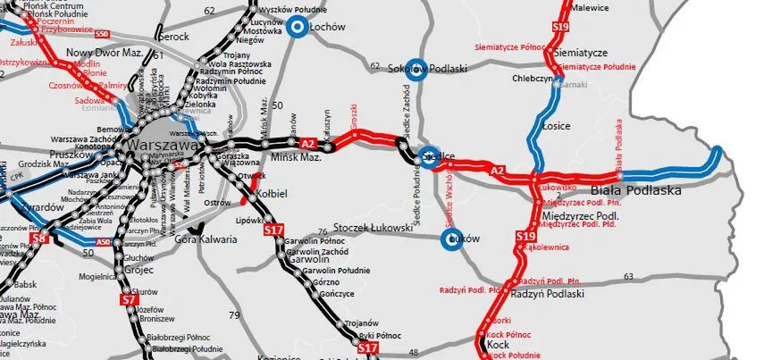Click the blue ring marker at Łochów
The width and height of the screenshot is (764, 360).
297,27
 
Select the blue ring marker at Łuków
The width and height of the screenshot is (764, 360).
454,240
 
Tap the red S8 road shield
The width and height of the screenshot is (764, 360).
38,239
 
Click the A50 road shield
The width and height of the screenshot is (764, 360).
103,242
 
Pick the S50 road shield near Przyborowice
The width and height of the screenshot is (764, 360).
101,34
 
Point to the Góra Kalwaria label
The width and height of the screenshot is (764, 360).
206,239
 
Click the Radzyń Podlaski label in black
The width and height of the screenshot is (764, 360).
548,294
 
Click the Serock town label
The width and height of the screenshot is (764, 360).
173,37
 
